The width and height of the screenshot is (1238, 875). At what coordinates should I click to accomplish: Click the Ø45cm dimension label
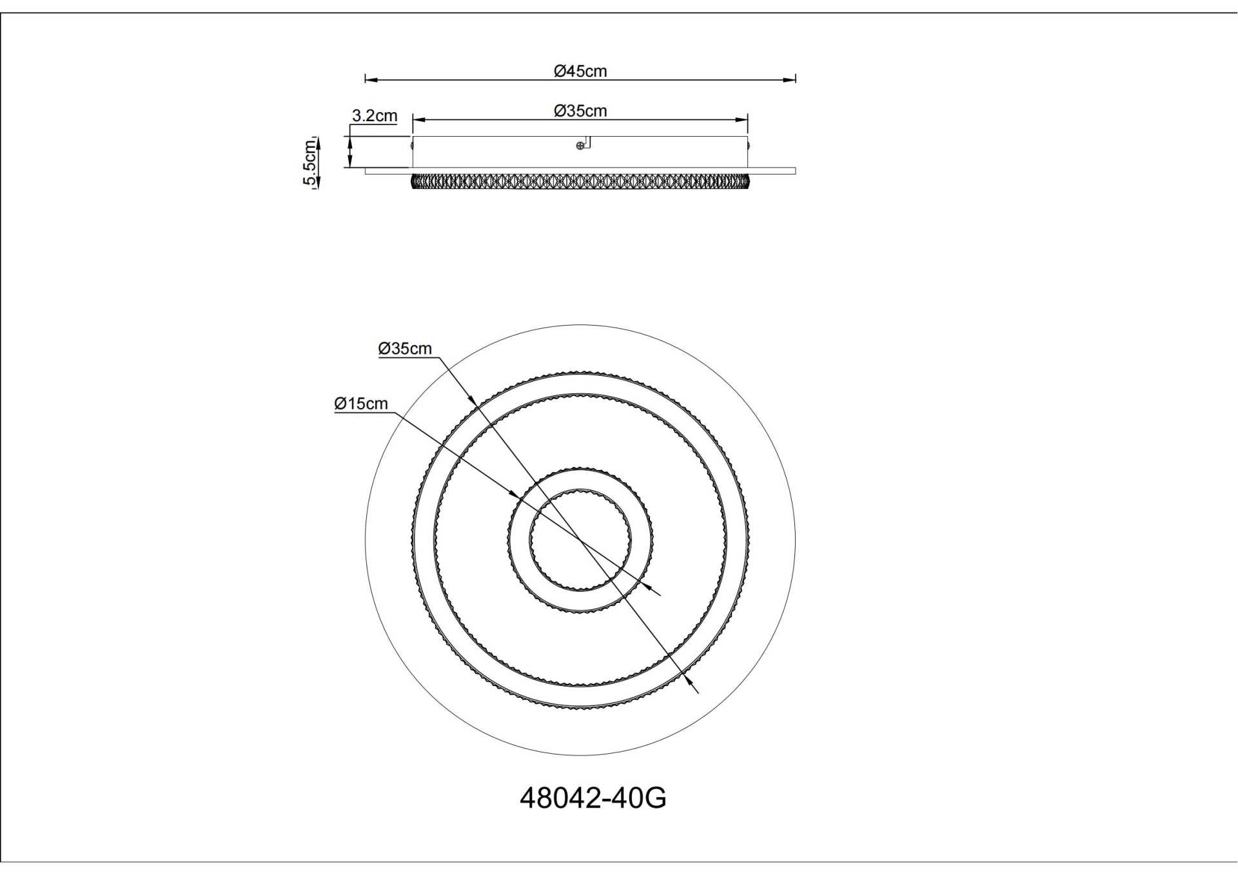580,71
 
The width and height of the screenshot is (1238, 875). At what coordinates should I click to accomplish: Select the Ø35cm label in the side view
580,111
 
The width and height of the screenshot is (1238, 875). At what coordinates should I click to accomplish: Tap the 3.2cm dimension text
374,116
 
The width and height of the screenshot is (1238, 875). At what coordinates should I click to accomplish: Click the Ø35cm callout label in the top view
405,349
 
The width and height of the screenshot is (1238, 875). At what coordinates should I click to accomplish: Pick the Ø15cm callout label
361,404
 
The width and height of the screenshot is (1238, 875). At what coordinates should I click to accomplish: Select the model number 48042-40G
593,798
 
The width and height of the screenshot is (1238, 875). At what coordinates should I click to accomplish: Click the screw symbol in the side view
580,146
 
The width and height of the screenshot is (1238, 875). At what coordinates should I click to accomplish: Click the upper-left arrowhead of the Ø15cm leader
514,495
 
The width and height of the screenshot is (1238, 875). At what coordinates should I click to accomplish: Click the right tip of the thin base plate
794,172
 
